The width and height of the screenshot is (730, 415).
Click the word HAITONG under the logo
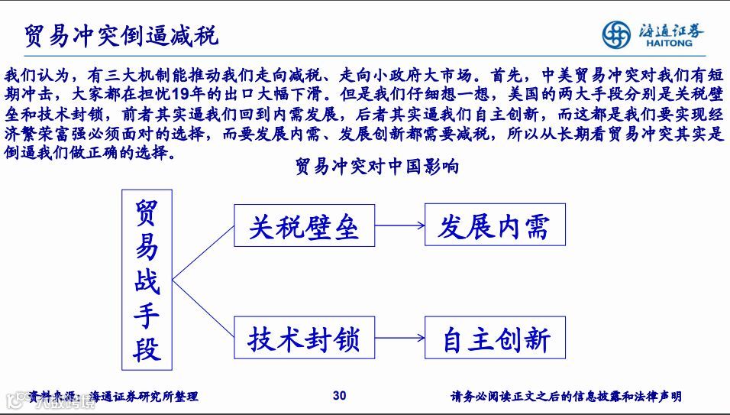click(x=663, y=44)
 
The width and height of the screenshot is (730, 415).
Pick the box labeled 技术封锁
click(x=303, y=337)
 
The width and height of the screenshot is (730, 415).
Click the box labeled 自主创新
click(x=495, y=337)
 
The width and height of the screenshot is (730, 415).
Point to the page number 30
click(x=340, y=395)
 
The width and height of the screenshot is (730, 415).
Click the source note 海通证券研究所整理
click(x=144, y=396)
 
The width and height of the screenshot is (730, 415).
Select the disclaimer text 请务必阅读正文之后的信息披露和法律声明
click(x=566, y=396)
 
